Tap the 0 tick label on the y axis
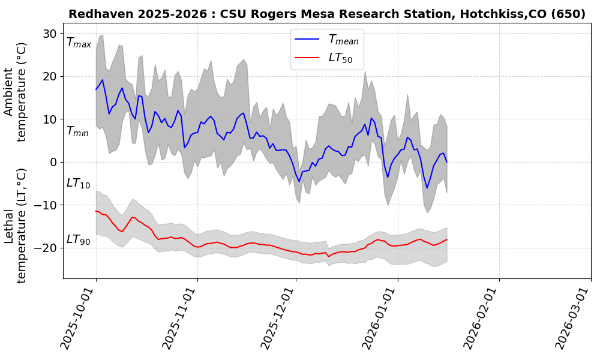click(x=53, y=162)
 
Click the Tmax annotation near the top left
click(x=79, y=43)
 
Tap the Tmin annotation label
click(x=77, y=131)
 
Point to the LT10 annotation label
click(x=78, y=183)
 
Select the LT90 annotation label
click(x=78, y=239)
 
